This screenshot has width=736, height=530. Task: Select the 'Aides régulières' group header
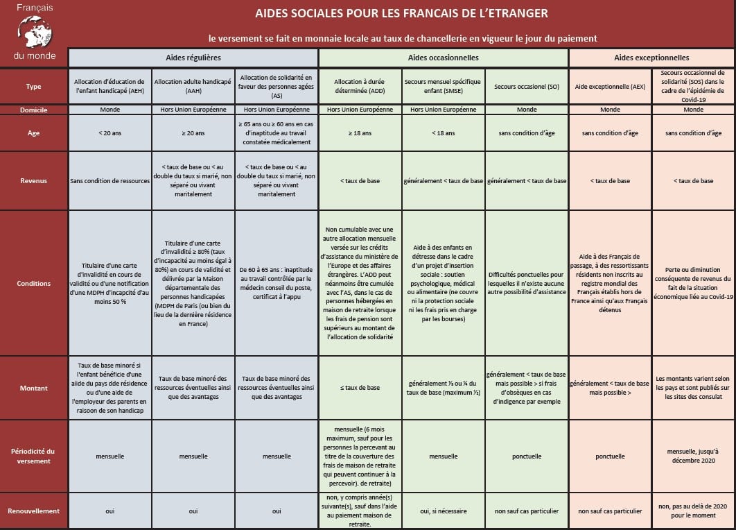(x=193, y=58)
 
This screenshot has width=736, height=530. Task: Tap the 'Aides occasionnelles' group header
(x=444, y=58)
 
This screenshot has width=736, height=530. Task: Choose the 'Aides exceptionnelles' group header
(x=651, y=58)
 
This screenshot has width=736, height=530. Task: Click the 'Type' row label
(x=33, y=87)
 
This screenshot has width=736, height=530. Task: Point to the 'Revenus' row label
(x=33, y=180)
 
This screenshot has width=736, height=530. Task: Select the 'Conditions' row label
(x=33, y=283)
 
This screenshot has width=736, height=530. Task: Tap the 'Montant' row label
(x=33, y=388)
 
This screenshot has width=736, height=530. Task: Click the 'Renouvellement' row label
(x=33, y=511)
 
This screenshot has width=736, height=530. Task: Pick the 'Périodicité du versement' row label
(x=33, y=456)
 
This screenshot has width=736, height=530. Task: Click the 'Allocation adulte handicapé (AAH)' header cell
(x=193, y=87)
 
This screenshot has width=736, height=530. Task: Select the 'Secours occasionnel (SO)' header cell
(x=527, y=87)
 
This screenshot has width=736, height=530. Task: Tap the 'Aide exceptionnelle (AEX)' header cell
(x=610, y=87)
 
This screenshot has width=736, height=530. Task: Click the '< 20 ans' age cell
(x=110, y=132)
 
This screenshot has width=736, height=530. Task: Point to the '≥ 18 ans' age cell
(x=360, y=132)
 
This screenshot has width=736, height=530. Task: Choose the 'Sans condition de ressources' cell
(x=110, y=180)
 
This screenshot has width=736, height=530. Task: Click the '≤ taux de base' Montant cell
(x=360, y=388)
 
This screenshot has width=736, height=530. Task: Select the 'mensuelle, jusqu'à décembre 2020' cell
(x=693, y=456)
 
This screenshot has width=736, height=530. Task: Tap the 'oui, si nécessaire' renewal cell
(x=444, y=511)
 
